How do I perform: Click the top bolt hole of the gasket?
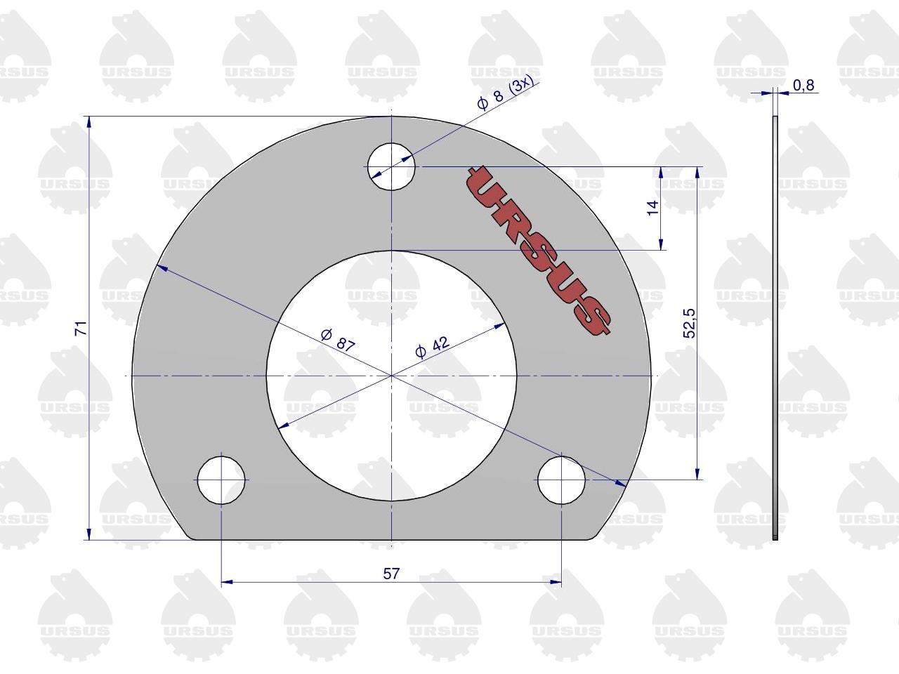click(391, 166)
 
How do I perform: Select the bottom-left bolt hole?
click(221, 480)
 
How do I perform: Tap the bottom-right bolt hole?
click(561, 480)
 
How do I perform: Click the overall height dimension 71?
click(81, 329)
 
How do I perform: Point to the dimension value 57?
click(391, 574)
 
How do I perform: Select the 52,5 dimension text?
click(689, 323)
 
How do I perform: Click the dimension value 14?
click(652, 208)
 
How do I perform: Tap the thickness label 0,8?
click(803, 85)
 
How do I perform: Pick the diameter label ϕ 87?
click(338, 340)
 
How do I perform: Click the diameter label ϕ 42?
click(433, 347)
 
